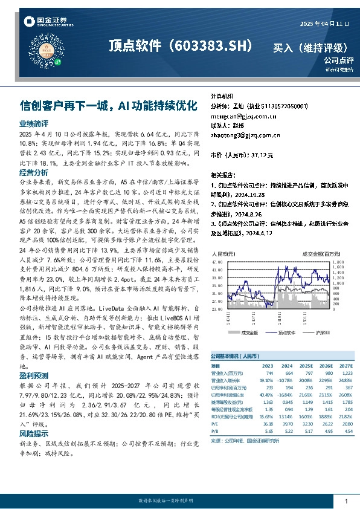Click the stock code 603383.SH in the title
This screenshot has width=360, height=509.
click(212, 45)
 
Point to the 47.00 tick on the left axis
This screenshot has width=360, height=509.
click(218, 262)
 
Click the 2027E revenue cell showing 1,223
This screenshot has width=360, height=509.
click(344, 374)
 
